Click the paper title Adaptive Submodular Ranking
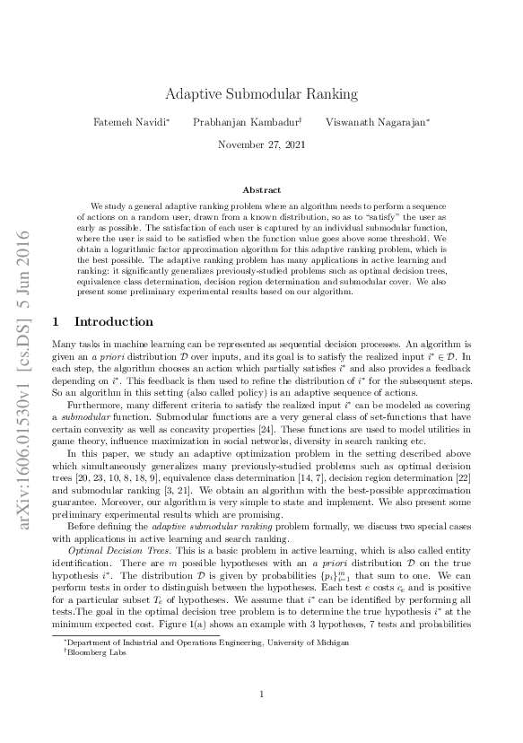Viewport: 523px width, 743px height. tap(261, 93)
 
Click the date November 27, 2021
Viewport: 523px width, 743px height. tap(261, 144)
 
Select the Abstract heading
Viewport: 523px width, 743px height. tap(261, 189)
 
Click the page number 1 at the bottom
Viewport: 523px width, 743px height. tap(261, 719)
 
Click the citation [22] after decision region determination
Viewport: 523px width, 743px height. tap(461, 477)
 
